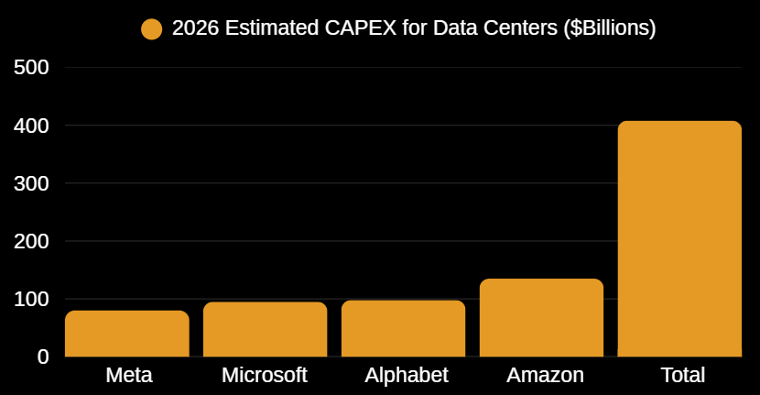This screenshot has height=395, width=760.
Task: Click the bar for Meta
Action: pyautogui.click(x=127, y=334)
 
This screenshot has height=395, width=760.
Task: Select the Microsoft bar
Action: pyautogui.click(x=265, y=329)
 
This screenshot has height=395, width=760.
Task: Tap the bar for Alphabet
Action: pyautogui.click(x=403, y=328)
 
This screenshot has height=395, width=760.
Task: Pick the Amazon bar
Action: pyautogui.click(x=541, y=318)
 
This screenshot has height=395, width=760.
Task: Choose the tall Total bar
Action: pyautogui.click(x=679, y=238)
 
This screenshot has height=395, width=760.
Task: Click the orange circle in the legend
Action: pyautogui.click(x=152, y=29)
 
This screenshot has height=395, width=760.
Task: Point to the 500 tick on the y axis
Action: pyautogui.click(x=31, y=68)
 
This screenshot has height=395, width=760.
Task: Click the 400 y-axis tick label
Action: pyautogui.click(x=31, y=126)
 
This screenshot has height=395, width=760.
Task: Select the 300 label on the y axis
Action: pyautogui.click(x=31, y=183)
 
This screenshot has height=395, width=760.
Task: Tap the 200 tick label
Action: pyautogui.click(x=31, y=241)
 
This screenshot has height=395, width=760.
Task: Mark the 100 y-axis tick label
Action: pyautogui.click(x=31, y=299)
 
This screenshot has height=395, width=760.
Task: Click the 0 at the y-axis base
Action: pyautogui.click(x=42, y=357)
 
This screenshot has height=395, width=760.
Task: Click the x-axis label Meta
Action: pyautogui.click(x=128, y=375)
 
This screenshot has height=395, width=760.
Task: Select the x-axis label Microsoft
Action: pyautogui.click(x=264, y=375)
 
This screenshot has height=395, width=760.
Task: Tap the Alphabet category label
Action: pyautogui.click(x=406, y=375)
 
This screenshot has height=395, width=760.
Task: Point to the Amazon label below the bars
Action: pyautogui.click(x=545, y=375)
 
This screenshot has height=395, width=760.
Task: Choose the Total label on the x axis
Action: pyautogui.click(x=682, y=375)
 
